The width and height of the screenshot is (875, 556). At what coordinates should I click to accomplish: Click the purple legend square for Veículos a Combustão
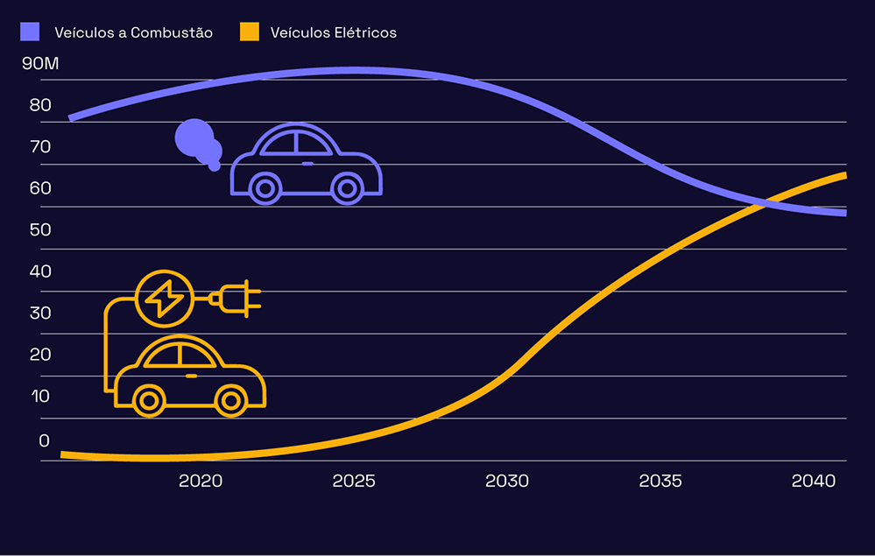31,32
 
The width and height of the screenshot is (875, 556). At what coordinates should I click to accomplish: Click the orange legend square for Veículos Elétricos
249,32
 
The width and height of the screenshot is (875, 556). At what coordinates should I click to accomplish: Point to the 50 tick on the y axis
40,229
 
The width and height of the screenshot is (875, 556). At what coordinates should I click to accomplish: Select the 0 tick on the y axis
45,440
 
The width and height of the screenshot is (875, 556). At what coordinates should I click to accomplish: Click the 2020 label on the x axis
201,481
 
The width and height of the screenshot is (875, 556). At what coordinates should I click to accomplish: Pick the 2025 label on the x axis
354,481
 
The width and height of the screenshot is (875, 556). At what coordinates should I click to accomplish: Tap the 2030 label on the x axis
507,481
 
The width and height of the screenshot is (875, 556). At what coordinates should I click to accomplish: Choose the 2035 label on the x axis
660,481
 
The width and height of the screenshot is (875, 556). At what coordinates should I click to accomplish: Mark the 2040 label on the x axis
814,481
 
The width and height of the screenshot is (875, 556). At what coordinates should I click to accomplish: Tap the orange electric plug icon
236,299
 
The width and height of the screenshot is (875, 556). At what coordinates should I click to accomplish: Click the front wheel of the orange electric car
230,400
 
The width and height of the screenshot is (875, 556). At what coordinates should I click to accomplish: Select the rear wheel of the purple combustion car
265,187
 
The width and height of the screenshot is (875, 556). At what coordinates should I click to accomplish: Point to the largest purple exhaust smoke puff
194,138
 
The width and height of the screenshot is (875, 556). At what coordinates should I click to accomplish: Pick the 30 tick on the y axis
40,313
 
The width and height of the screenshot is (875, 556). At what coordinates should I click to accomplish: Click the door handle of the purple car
307,164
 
